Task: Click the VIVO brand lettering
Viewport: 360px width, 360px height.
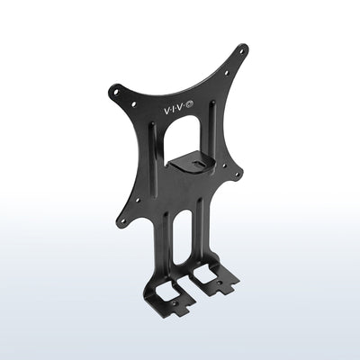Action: click(x=172, y=107)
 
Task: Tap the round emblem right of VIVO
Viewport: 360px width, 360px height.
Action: click(x=189, y=106)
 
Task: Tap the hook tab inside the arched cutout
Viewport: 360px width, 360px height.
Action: click(x=192, y=162)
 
